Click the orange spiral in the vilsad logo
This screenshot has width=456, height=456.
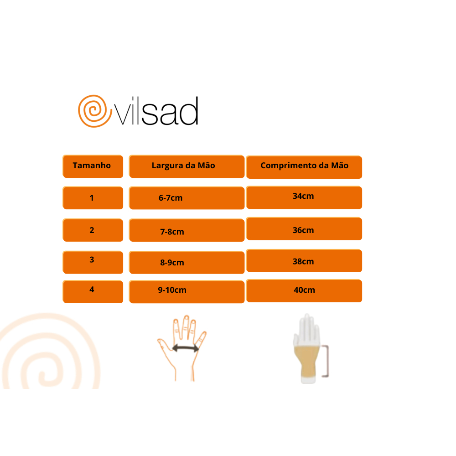coord(94,111)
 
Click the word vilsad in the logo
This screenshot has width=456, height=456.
coord(156,111)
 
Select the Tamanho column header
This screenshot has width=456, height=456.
coord(93,166)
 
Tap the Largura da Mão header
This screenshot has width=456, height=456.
coord(187,166)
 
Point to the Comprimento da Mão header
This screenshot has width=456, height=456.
coord(304,167)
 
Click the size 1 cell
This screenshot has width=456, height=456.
coord(93,198)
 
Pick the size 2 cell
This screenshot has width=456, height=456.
coord(93,230)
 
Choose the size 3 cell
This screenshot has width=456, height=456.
coord(93,262)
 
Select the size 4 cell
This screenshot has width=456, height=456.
coord(93,292)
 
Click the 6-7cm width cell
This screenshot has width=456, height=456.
coord(187,198)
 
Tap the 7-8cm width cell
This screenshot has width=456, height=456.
coord(187,230)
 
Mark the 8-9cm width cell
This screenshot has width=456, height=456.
coord(187,262)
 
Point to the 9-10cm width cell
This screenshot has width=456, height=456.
coord(187,292)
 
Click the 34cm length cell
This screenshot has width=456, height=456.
coord(304,197)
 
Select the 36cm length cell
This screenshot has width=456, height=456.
coord(304,228)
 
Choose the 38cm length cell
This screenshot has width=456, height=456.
coord(304,260)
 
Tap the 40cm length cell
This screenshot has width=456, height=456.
coord(304,291)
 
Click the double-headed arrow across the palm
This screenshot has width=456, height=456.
coord(186,348)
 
